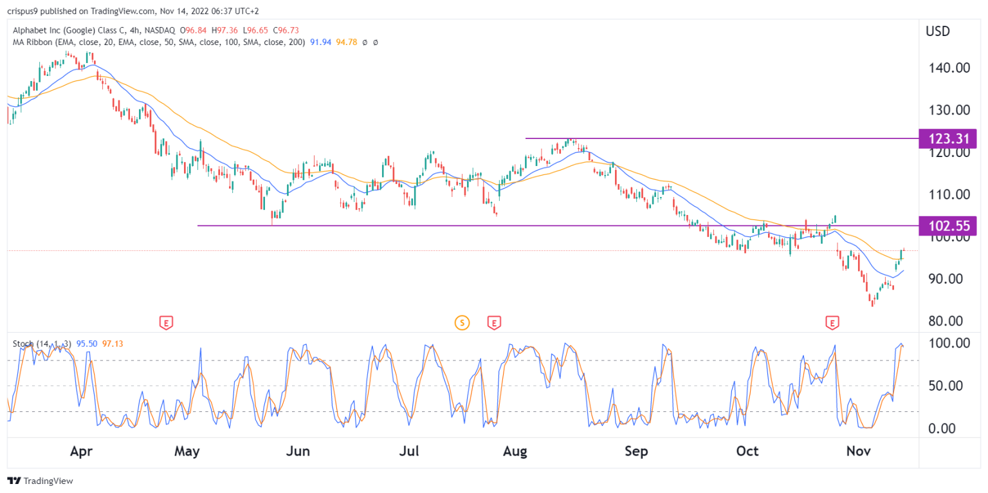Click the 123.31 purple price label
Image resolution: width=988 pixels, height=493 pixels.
948,138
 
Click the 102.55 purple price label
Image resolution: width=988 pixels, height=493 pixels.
948,225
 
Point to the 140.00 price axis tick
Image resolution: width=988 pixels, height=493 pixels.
947,68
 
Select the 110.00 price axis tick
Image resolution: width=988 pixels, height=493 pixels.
947,194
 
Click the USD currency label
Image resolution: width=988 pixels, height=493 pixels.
938,31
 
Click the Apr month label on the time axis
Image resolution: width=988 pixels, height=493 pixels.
82,452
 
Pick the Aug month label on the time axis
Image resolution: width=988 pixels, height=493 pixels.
515,452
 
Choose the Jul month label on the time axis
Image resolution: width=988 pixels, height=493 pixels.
409,452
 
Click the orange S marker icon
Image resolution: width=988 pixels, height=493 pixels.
461,322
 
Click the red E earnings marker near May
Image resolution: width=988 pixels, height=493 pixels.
166,322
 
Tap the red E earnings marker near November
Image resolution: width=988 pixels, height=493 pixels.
832,322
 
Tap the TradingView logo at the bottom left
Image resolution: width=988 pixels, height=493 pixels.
40,481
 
